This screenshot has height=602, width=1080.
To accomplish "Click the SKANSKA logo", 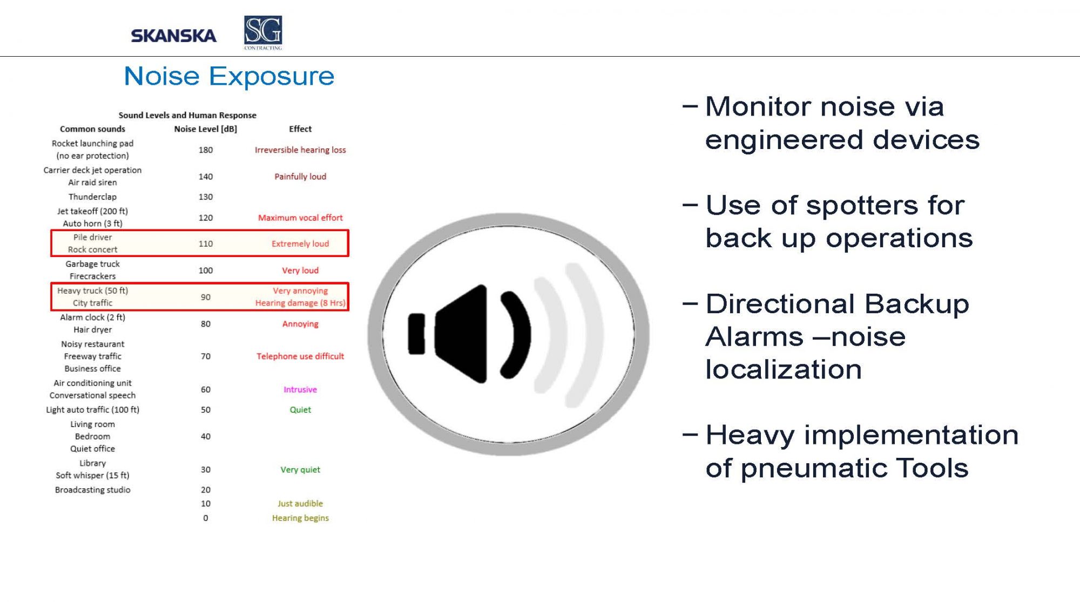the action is coord(173,36).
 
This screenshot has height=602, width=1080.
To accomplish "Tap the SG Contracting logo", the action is coord(263,33).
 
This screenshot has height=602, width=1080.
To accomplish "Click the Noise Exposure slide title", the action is coord(229,76).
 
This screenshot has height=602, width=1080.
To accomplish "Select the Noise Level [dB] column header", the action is coord(205,129).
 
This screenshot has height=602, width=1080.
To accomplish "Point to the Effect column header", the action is coord(300,129).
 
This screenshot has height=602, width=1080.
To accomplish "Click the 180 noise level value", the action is coord(206,150).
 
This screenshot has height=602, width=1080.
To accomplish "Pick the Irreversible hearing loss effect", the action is coord(300,150).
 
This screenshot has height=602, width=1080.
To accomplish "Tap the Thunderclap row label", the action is coord(92,197).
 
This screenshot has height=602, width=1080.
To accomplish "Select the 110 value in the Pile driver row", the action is coord(206,244).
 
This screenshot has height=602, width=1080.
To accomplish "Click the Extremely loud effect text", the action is coord(300,244).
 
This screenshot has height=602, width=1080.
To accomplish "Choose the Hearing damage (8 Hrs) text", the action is coord(300,303).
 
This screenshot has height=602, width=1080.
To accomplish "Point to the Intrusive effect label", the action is coord(300,390).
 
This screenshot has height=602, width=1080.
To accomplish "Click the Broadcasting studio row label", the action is coord(92,490).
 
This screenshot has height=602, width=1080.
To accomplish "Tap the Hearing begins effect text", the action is coord(300,518).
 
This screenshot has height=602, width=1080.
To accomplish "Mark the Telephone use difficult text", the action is coord(300,356).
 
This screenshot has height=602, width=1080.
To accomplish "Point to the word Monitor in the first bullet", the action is coord(758,106).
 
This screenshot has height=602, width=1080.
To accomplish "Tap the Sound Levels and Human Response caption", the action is coord(187,116).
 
